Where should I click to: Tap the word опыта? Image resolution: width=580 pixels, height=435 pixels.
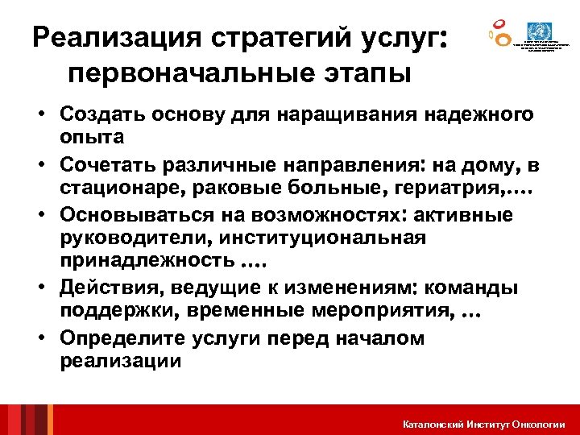[x=91, y=136]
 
